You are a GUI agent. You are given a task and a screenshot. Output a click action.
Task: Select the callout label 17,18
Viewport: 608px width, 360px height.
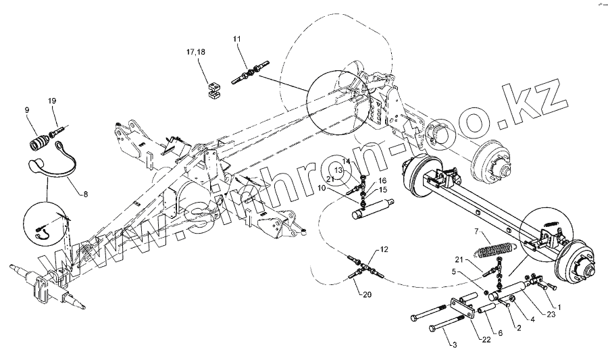pyautogui.click(x=197, y=52)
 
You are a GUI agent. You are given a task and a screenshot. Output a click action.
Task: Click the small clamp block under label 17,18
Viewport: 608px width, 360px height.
pyautogui.click(x=213, y=89)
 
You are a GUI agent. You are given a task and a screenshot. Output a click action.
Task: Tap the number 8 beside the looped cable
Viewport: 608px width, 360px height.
pyautogui.click(x=85, y=194)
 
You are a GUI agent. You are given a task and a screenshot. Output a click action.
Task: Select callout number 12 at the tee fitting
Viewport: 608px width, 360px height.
pyautogui.click(x=384, y=249)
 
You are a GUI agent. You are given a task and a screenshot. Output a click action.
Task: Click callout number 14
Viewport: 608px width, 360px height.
pyautogui.click(x=346, y=162)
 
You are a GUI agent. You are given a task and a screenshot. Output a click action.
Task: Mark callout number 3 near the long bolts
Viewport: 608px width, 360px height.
pyautogui.click(x=453, y=345)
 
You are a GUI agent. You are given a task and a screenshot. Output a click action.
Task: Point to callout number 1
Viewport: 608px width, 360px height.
pyautogui.click(x=557, y=307)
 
